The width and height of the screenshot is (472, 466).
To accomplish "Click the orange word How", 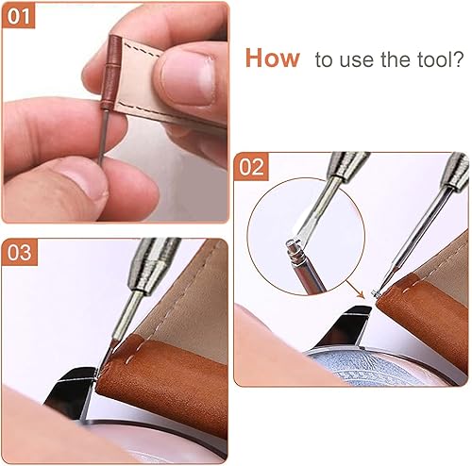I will (x=272, y=58).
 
